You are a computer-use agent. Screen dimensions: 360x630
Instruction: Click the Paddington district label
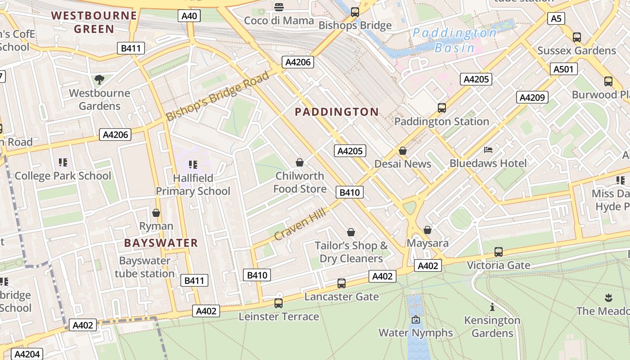click(337, 112)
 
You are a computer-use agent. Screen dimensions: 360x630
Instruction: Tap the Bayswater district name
click(161, 243)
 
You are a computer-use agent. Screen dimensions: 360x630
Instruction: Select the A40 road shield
click(189, 16)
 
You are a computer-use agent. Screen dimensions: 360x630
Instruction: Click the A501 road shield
click(563, 69)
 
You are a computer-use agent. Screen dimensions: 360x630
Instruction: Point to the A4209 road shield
click(532, 97)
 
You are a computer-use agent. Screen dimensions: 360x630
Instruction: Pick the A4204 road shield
click(27, 354)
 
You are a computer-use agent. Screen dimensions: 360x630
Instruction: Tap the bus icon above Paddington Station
click(442, 108)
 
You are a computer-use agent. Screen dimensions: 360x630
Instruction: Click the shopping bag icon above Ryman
click(156, 213)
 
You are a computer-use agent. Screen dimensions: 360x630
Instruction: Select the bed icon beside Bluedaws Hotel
click(488, 150)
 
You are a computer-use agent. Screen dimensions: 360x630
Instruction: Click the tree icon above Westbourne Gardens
click(99, 80)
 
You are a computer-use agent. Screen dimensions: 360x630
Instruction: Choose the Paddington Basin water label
click(454, 40)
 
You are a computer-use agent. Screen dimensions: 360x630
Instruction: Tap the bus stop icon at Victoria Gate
click(498, 252)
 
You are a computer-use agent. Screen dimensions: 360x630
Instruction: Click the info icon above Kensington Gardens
click(492, 307)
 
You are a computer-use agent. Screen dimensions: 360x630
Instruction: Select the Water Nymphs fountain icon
click(415, 320)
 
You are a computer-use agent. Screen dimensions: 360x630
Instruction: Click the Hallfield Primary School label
click(193, 184)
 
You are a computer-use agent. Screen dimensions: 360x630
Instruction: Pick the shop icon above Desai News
click(403, 151)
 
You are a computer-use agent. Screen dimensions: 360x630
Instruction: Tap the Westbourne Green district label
click(94, 22)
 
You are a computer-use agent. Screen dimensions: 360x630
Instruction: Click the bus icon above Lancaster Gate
click(342, 283)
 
